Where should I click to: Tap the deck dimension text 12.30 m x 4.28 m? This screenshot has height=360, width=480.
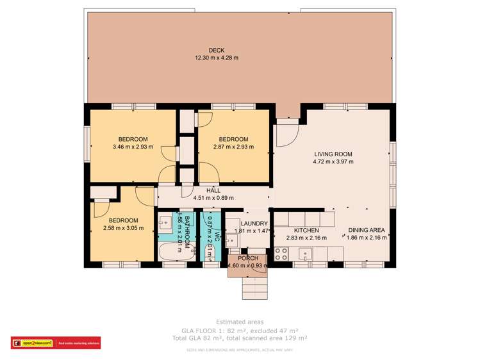pos(216,58)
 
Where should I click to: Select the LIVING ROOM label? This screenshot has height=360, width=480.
pos(333,154)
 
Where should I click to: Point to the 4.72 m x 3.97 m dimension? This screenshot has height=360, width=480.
pos(333,162)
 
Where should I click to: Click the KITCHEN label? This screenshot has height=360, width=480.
pos(306,230)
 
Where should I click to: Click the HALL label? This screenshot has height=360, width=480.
pos(213,190)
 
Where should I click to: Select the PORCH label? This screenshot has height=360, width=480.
pos(247,258)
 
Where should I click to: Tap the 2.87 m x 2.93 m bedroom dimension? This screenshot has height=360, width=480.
pos(233,147)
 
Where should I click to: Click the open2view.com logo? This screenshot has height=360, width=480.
pos(32,343)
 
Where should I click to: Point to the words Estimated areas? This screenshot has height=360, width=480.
pos(239,321)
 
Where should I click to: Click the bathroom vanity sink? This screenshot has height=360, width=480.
pos(165,221)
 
